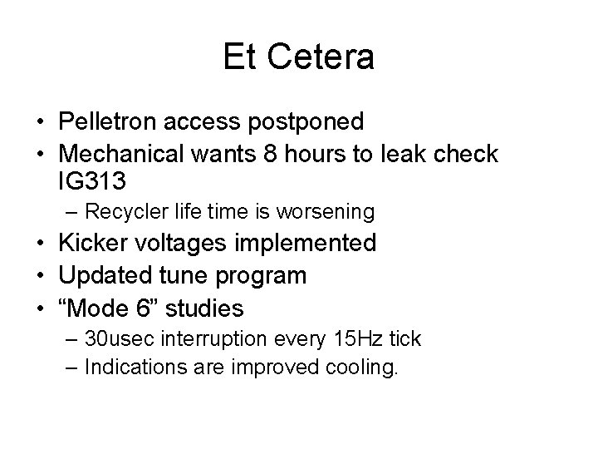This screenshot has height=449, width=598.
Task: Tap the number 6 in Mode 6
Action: click(145, 308)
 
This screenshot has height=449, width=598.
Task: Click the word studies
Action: click(205, 308)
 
